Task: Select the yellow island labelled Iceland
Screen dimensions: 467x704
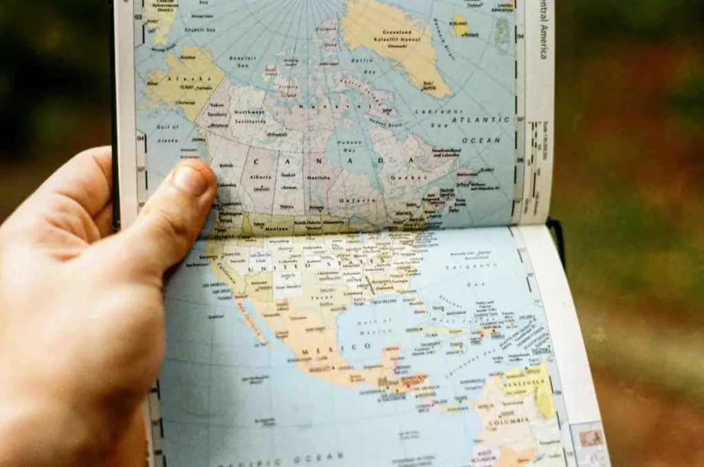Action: click(459, 27)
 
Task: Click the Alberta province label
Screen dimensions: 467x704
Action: click(260, 177)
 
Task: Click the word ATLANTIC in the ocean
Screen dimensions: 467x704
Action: click(481, 121)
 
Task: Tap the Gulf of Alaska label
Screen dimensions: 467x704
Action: click(167, 134)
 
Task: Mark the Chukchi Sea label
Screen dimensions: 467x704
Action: click(202, 30)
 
